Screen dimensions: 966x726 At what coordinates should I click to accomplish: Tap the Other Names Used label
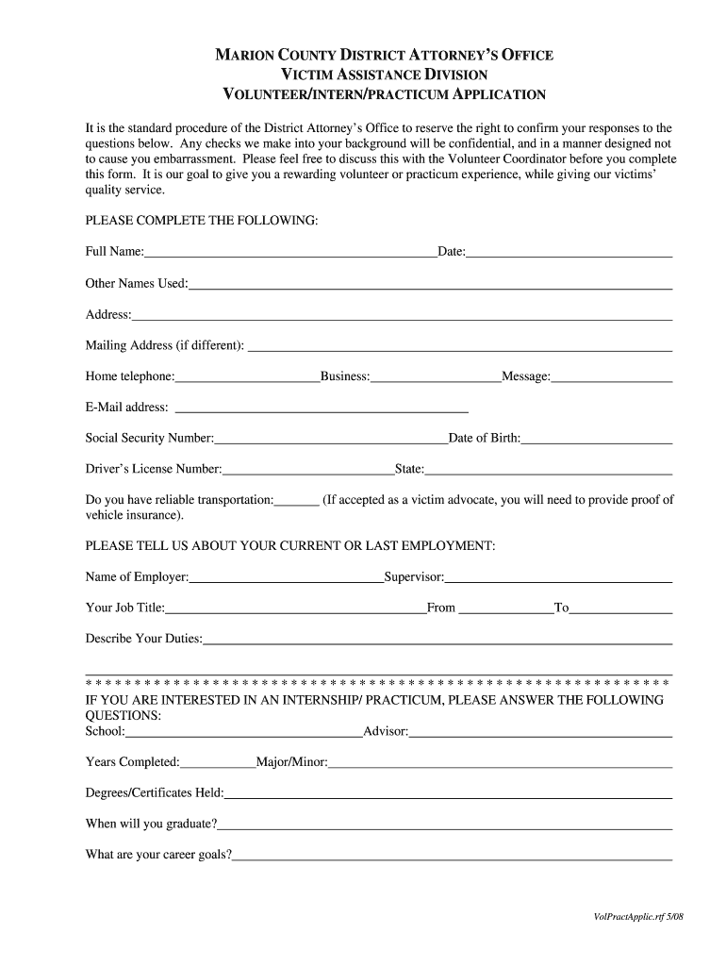137,284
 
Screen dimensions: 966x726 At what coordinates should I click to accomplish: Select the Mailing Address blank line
459,346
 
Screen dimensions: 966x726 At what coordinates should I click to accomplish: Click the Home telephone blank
247,377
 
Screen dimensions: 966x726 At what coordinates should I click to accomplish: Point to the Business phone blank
436,377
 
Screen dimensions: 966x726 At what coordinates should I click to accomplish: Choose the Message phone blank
612,377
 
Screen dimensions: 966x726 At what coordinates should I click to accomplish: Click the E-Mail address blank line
322,408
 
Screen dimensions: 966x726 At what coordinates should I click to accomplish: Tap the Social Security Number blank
331,439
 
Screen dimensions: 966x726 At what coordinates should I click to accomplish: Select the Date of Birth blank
597,439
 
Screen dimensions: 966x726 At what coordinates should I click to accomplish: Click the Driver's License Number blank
308,470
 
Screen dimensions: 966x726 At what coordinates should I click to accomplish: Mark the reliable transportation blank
297,501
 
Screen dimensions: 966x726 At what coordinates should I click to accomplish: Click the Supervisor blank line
558,577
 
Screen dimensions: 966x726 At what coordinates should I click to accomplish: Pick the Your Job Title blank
296,608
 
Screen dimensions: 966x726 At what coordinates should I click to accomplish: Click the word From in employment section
441,608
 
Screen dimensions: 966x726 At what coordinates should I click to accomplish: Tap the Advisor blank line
540,732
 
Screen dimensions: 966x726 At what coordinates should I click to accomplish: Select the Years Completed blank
218,762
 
